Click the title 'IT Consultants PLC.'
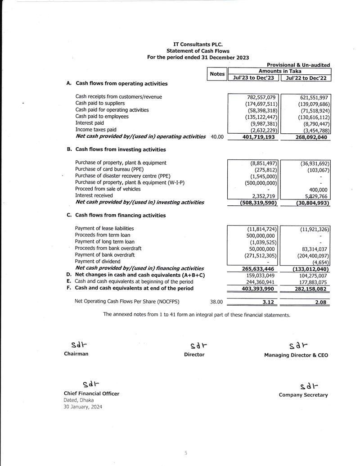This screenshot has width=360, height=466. point(198,44)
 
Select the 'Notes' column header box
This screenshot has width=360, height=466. point(217,74)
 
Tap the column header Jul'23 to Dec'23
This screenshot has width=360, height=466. point(253,78)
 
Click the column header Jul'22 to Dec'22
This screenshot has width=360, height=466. point(306,78)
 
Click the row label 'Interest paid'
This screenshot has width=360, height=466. point(89,123)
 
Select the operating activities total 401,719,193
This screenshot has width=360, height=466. point(258,137)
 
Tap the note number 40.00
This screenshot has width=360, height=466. point(217,136)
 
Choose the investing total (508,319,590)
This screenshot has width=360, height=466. point(258,203)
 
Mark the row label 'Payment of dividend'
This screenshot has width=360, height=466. point(98,262)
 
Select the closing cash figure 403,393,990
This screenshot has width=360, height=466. point(258,289)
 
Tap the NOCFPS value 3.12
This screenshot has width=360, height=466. point(269,303)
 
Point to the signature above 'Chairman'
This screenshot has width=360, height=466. point(79,345)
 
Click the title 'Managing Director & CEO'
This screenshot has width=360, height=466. point(296,355)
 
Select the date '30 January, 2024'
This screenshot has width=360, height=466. point(83,407)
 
